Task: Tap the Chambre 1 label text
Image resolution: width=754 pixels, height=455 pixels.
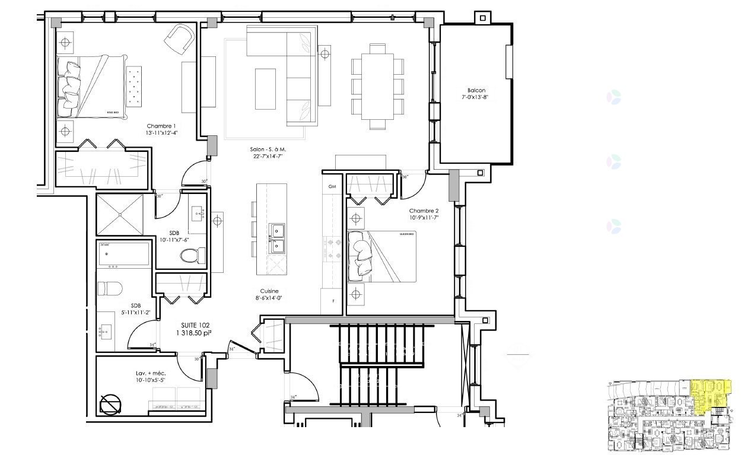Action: [161, 126]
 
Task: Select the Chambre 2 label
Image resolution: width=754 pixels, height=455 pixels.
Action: [424, 211]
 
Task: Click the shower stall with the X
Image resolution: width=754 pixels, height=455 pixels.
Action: [120, 214]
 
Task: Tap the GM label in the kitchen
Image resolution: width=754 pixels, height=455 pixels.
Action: [332, 186]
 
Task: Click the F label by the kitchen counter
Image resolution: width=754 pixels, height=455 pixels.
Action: [333, 301]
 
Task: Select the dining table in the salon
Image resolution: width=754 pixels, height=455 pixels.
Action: [377, 85]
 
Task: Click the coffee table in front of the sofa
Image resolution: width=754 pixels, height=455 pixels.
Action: [265, 89]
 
